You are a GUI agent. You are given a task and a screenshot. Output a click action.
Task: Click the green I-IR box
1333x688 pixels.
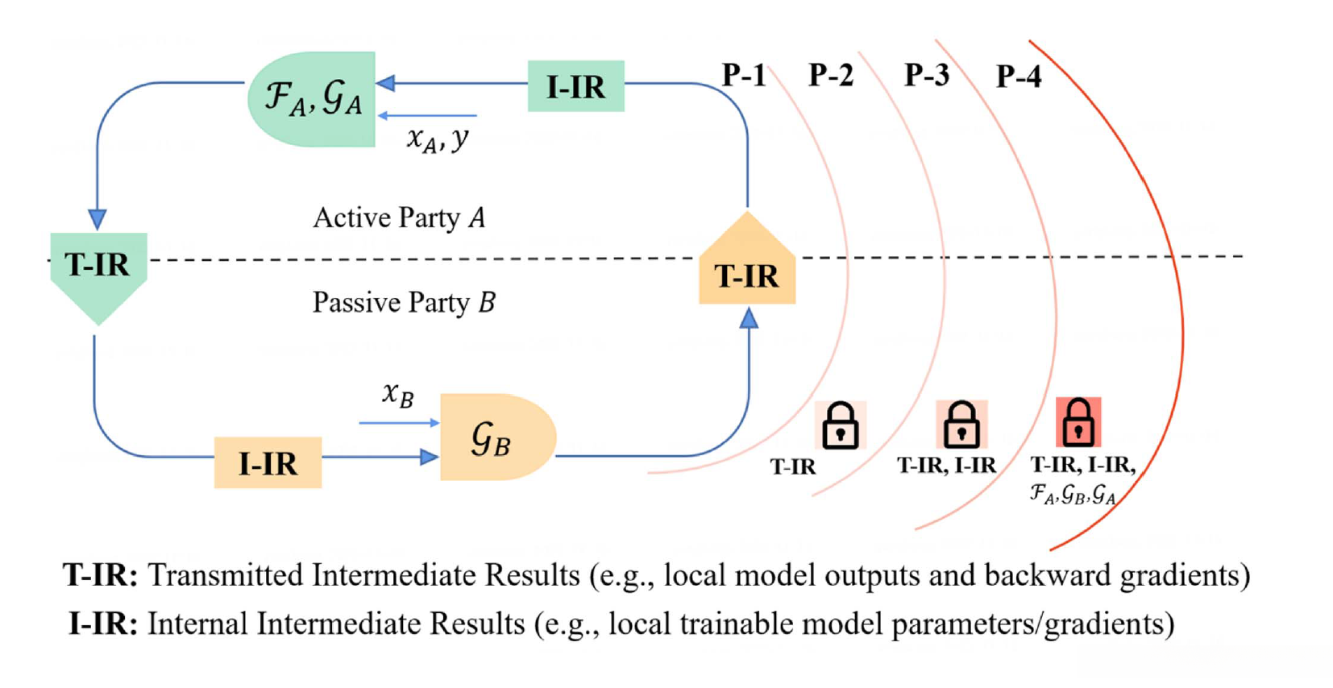point(575,86)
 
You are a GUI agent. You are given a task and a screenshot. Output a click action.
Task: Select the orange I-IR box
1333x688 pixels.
point(268,462)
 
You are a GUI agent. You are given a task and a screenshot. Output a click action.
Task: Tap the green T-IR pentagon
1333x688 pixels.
point(98,270)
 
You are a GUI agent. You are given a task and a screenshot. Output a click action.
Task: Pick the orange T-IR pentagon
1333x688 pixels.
point(747,266)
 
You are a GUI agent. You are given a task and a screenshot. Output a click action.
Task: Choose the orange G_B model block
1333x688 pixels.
point(495,437)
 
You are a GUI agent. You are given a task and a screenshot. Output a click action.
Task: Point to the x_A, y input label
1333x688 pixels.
point(438,139)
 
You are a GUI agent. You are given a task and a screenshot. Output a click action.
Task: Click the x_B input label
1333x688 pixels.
point(398,395)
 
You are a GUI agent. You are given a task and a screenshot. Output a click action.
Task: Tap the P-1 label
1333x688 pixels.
point(744,76)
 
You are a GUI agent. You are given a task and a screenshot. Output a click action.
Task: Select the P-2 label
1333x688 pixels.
point(831,76)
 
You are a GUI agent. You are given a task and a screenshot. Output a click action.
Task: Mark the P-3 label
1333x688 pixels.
point(927,76)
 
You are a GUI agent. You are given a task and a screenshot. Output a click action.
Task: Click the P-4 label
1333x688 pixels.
point(1019,77)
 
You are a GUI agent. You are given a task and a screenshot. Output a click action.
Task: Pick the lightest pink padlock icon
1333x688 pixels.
point(840,425)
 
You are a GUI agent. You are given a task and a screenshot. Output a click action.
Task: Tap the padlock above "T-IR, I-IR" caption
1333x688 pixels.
point(961,424)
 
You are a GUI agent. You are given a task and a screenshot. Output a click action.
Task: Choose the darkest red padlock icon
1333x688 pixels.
point(1078,422)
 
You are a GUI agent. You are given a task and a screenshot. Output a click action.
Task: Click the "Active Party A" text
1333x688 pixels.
point(400,218)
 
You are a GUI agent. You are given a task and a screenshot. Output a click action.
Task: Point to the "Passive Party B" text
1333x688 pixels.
point(404,303)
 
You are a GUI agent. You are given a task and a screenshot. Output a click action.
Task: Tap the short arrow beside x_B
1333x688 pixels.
point(399,422)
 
